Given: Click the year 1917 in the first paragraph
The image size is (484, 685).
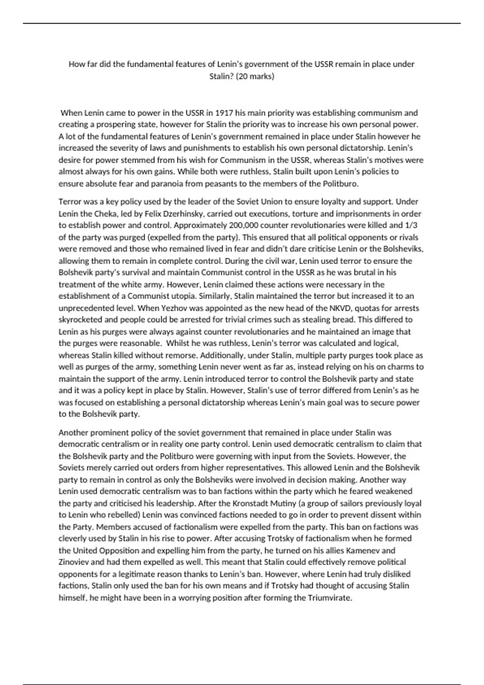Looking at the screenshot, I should click(x=224, y=113).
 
